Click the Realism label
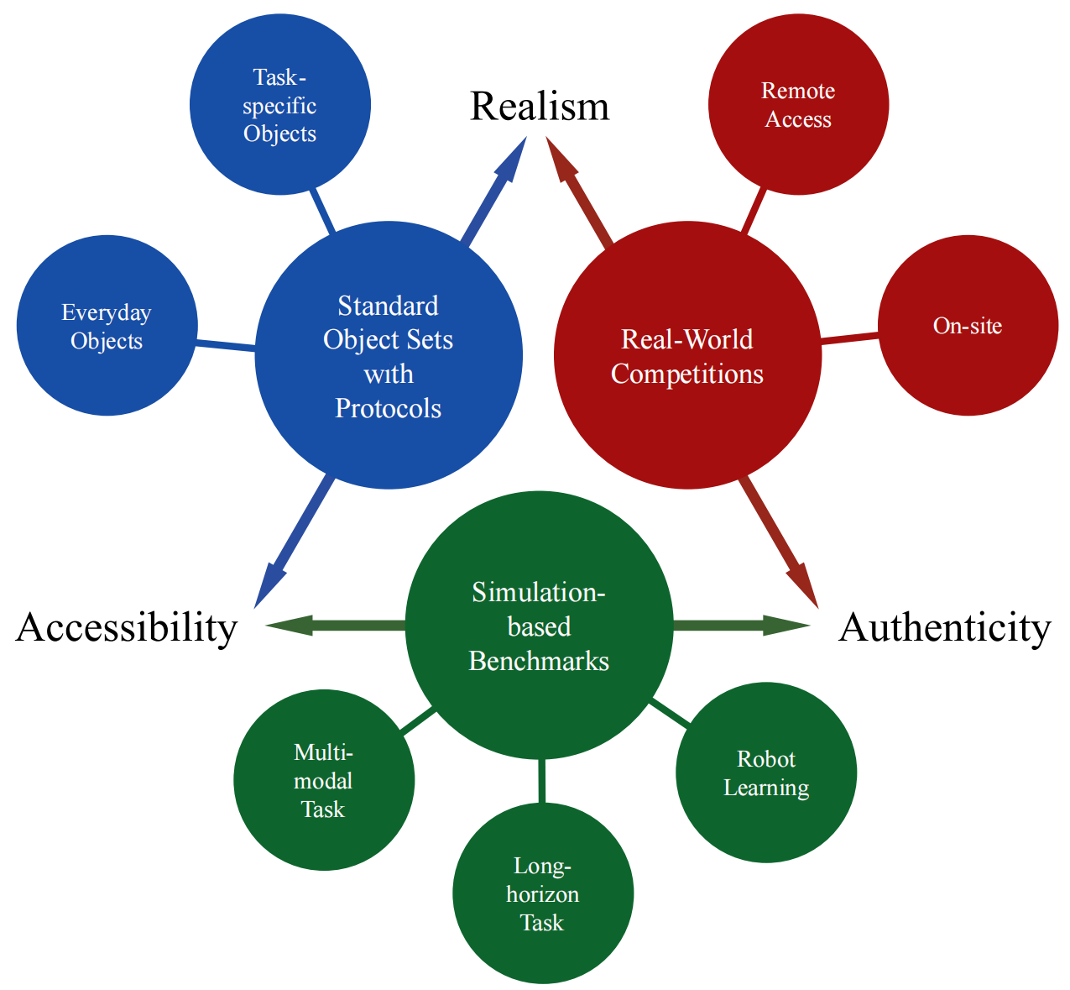(539, 107)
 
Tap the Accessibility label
(127, 628)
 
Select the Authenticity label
(944, 628)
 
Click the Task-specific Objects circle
(280, 105)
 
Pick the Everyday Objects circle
(107, 326)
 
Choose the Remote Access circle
(798, 105)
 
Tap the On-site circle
(968, 326)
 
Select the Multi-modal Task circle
(324, 780)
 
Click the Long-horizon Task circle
(542, 893)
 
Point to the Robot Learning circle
(766, 773)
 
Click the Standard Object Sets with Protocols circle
(389, 355)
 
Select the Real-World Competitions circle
(687, 355)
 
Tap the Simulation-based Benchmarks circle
(539, 626)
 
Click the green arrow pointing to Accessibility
(336, 625)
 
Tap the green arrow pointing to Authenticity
(739, 625)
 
